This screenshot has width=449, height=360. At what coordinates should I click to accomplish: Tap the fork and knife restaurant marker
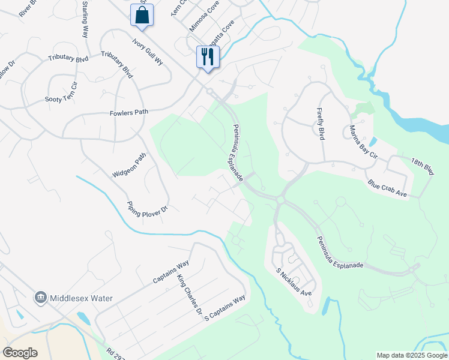click(208, 58)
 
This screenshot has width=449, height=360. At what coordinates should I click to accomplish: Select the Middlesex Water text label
click(82, 298)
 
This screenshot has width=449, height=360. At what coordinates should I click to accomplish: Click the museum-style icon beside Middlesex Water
click(40, 297)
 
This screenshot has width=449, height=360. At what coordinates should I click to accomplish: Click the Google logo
click(20, 353)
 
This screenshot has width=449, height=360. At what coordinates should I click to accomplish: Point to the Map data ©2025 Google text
click(412, 355)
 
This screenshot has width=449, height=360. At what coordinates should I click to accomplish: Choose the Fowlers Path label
click(128, 112)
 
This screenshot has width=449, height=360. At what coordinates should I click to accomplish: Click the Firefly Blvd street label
click(321, 124)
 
